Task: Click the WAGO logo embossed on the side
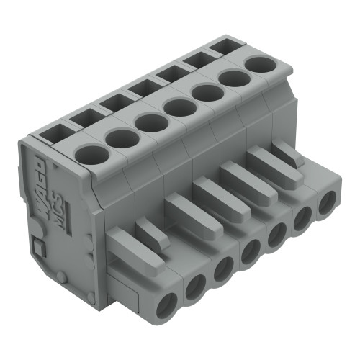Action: (x=40, y=191)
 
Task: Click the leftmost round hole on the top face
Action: (x=89, y=153)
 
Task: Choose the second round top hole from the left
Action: (x=120, y=136)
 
